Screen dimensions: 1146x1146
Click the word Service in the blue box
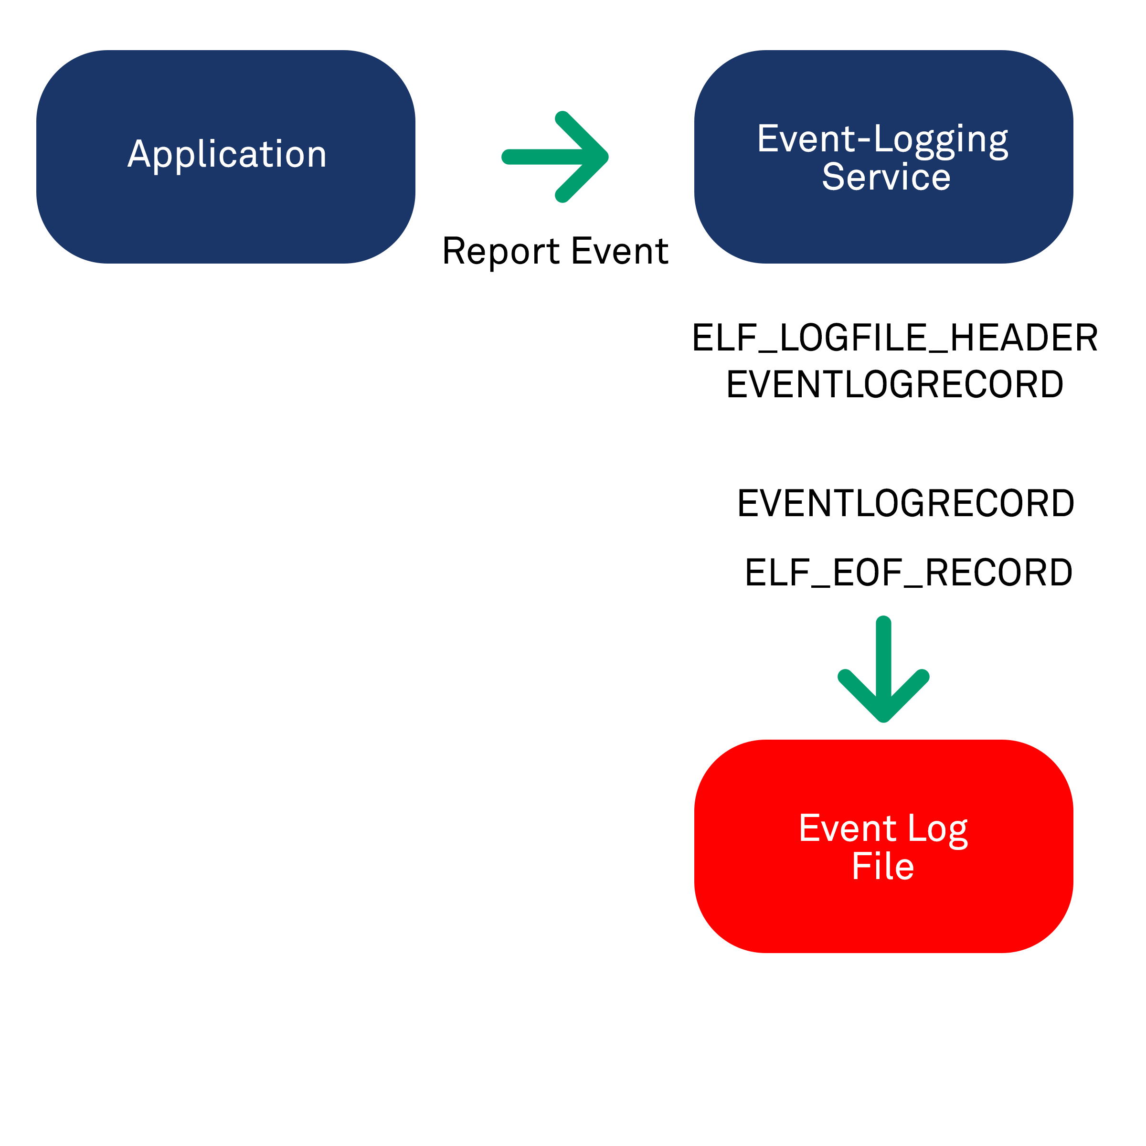(x=886, y=177)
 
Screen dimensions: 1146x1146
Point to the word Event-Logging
(x=882, y=140)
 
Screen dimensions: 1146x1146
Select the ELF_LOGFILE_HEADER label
(x=894, y=338)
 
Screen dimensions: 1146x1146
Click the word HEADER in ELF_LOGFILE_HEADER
(x=1024, y=338)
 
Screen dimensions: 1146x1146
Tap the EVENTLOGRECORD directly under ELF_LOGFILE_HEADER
(x=894, y=384)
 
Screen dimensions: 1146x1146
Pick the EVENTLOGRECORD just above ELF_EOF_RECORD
(x=905, y=504)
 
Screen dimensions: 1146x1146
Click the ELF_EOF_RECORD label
(x=908, y=573)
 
